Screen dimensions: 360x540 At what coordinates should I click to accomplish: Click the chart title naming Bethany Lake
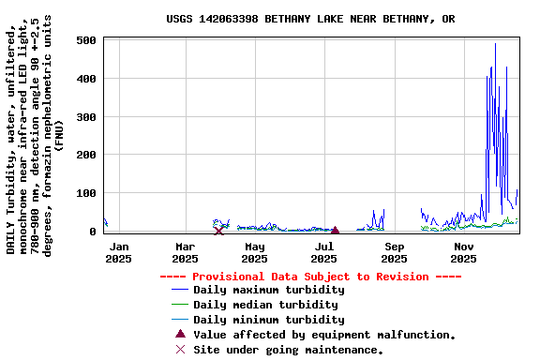click(310, 19)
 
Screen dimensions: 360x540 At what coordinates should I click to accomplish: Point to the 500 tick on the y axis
click(85, 40)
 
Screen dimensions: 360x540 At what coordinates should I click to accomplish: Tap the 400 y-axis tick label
click(85, 79)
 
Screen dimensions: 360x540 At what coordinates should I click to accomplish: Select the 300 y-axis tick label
click(85, 117)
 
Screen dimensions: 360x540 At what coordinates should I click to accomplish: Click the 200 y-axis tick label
click(85, 155)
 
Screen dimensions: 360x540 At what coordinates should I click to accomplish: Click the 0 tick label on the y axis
click(92, 232)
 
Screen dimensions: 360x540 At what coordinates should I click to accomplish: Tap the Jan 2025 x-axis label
click(119, 252)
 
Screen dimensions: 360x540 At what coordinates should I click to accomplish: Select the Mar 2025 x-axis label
click(185, 252)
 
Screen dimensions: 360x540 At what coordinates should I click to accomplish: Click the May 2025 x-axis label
click(254, 252)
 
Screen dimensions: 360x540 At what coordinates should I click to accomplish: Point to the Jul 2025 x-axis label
click(323, 252)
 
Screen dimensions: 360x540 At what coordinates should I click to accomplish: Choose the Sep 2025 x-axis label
click(394, 252)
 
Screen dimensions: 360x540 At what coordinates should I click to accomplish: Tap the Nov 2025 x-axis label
click(463, 252)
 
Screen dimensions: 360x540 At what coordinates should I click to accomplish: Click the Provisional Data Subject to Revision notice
click(310, 277)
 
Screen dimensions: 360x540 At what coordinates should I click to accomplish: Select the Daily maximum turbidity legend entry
click(268, 290)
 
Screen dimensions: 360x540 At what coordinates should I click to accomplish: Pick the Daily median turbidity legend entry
click(265, 305)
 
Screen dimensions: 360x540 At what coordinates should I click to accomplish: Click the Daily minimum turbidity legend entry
click(268, 320)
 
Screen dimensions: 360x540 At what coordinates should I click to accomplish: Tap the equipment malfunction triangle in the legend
click(181, 334)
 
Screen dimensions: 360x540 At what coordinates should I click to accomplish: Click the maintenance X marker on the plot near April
click(218, 231)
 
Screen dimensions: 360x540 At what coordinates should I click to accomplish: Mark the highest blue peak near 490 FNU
click(495, 44)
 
